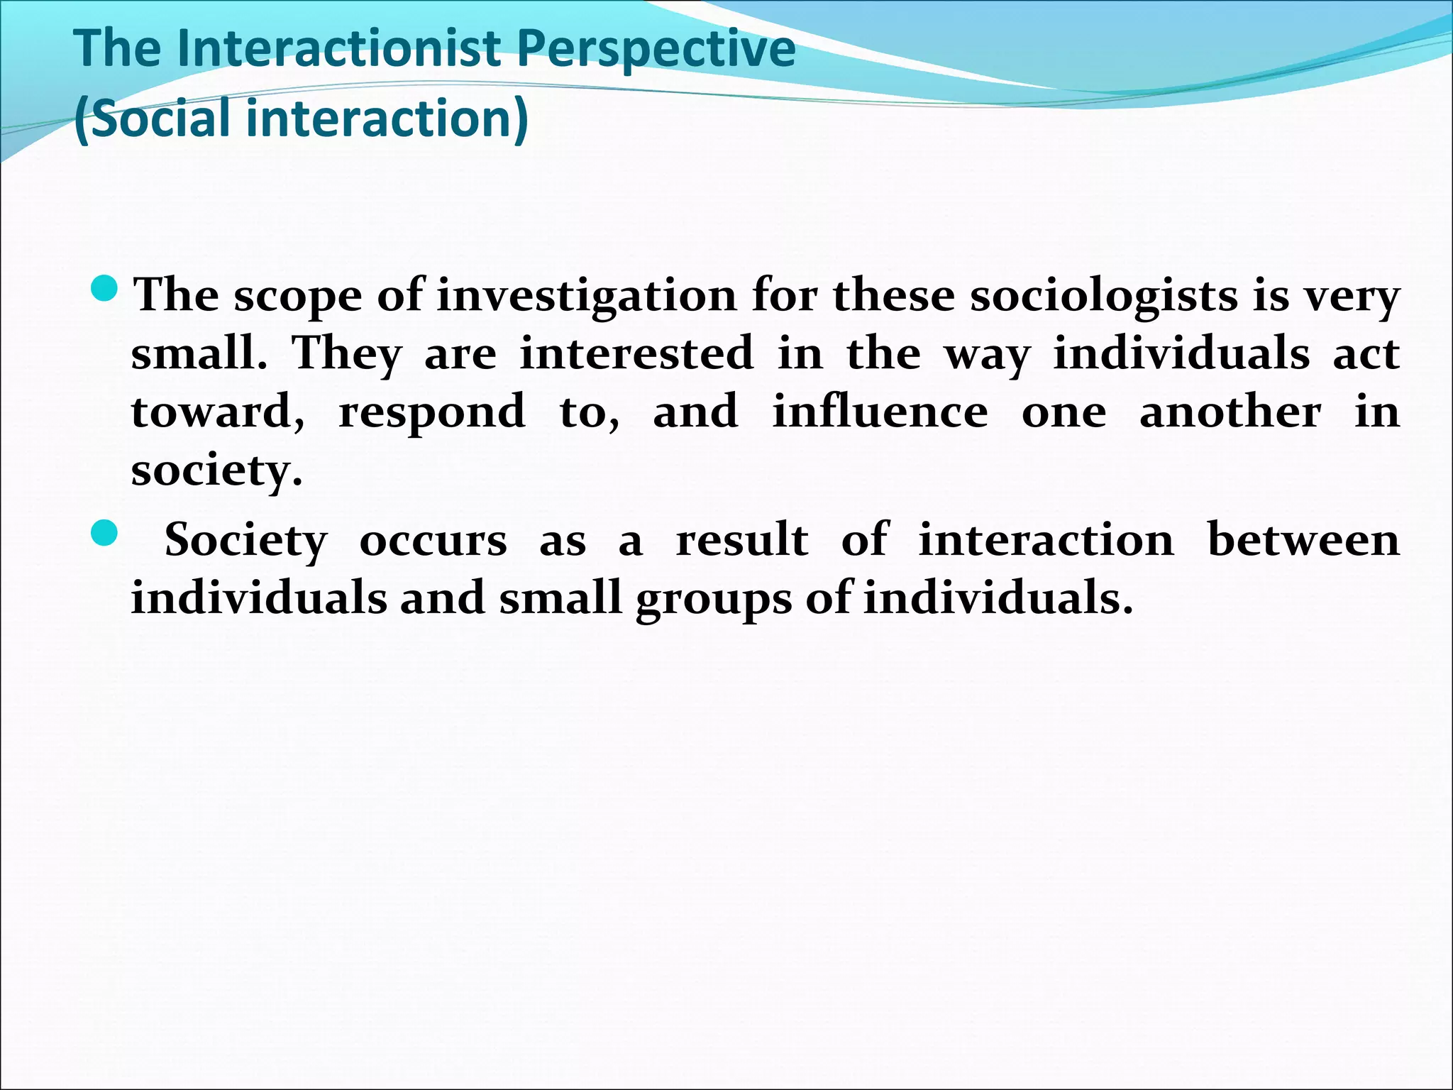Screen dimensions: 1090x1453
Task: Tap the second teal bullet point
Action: coord(105,533)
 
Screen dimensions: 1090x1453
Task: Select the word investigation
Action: coord(587,297)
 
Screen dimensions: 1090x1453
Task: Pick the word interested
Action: coord(636,353)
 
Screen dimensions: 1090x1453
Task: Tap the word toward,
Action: coord(219,412)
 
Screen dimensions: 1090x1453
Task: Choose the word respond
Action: coord(432,414)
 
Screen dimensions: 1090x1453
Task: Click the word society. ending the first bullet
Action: coord(217,471)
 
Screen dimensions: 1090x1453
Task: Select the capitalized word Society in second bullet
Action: coord(245,541)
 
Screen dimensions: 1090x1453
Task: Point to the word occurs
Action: coord(433,541)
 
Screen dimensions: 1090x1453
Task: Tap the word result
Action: coord(741,540)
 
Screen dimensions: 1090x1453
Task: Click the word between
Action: coord(1303,540)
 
